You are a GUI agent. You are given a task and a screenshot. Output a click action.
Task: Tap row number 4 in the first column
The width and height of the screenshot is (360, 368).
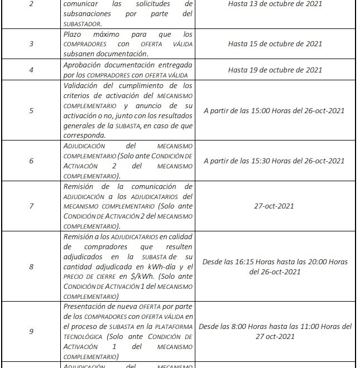click(31, 70)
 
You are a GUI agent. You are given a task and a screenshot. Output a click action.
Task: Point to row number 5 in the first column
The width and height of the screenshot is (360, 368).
click(31, 110)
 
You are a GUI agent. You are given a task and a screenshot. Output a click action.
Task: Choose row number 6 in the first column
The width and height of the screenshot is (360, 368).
click(31, 161)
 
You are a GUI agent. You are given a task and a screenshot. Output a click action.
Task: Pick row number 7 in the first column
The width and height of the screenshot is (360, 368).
click(31, 206)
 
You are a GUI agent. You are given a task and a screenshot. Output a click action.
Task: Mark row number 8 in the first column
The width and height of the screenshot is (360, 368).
click(31, 267)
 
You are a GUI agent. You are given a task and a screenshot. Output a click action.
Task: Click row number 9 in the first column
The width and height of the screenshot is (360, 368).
click(31, 331)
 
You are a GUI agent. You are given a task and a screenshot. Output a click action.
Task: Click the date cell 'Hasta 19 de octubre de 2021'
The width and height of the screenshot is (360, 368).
click(275, 70)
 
